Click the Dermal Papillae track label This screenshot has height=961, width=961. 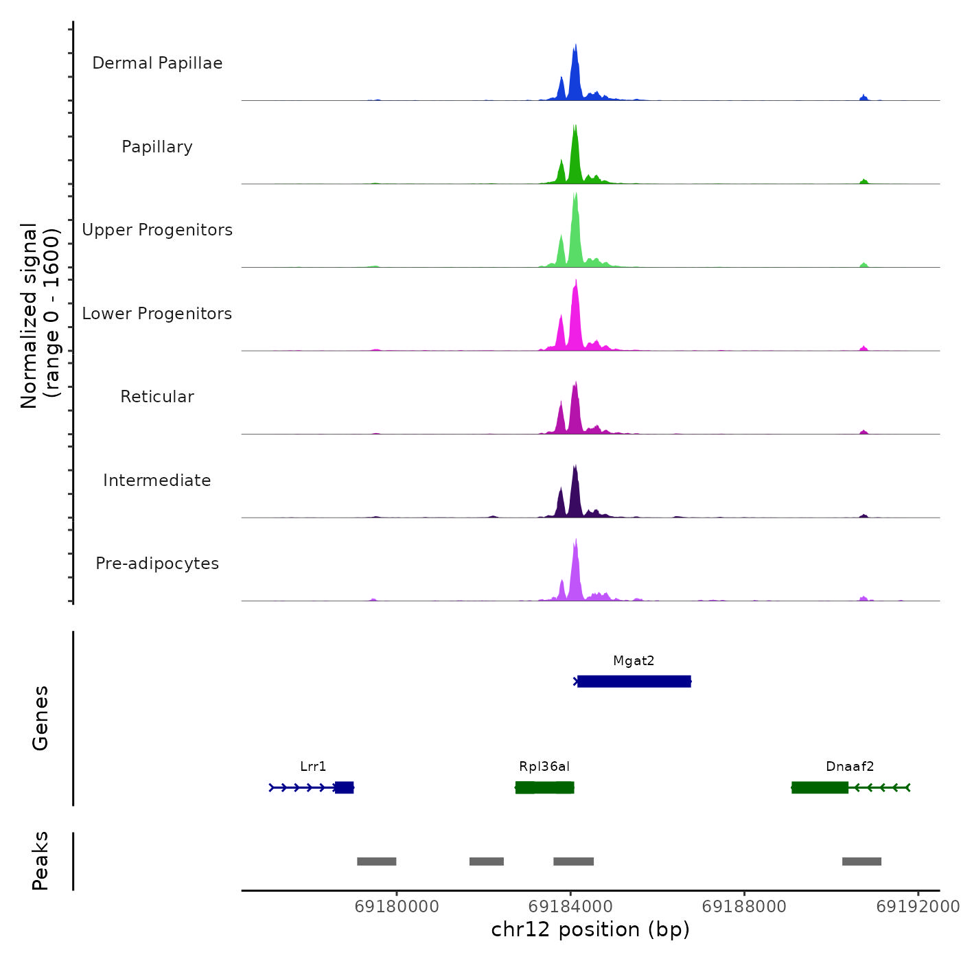click(x=157, y=63)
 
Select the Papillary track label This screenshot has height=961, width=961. click(x=157, y=147)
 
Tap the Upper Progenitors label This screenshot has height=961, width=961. click(x=157, y=230)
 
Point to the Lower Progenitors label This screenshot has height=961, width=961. click(x=157, y=314)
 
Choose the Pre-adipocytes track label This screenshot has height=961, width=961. click(x=157, y=564)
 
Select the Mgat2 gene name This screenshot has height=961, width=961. click(x=634, y=661)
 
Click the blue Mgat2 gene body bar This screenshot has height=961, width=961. click(x=634, y=682)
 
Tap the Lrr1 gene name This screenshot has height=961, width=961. click(x=313, y=767)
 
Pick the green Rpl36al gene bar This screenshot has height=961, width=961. click(x=544, y=787)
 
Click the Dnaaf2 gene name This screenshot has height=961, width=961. click(x=850, y=767)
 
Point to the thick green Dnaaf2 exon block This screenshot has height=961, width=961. click(x=820, y=787)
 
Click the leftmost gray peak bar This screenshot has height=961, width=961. click(x=376, y=861)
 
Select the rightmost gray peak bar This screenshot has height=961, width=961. click(x=861, y=861)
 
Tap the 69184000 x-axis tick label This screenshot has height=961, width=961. click(x=570, y=906)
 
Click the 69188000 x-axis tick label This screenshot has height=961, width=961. click(x=744, y=906)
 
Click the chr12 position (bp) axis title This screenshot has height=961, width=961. click(x=590, y=929)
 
